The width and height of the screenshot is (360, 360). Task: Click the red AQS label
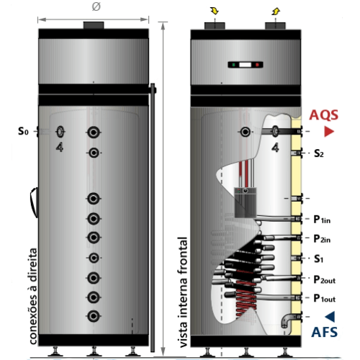tap(323, 115)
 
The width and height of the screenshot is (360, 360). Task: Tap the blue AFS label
tap(324, 332)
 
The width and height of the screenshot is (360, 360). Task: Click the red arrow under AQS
tap(329, 132)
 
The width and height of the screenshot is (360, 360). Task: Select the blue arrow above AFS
tap(330, 317)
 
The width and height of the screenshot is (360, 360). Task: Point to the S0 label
tap(23, 131)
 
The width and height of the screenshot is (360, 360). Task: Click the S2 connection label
tap(319, 153)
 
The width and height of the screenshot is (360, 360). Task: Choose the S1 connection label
tap(318, 258)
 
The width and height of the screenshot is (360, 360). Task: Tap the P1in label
tap(322, 220)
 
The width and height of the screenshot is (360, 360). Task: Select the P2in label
tap(322, 239)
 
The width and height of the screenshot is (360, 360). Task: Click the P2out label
tap(325, 280)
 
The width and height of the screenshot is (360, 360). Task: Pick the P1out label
tap(325, 299)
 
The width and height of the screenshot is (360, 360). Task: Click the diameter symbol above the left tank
tap(96, 6)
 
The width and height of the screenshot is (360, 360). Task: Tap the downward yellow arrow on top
tap(215, 11)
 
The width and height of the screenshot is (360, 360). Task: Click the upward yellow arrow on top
tap(276, 11)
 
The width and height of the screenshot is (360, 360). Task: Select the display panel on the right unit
tap(246, 65)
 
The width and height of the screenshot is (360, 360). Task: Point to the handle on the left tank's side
tap(34, 202)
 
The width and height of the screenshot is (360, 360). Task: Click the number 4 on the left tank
tap(60, 147)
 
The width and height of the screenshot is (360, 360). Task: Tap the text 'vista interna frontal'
tap(183, 292)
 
